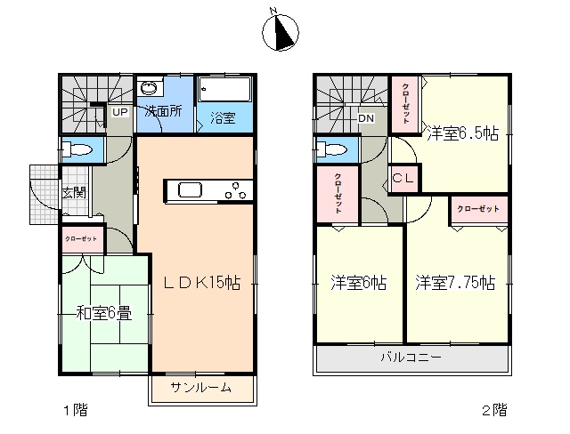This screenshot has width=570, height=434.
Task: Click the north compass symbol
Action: [281, 32]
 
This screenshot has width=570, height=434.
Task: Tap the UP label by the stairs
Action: [119, 112]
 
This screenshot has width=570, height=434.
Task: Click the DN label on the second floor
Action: [365, 118]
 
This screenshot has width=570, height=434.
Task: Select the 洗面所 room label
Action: [163, 111]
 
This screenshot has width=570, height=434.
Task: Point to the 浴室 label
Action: [223, 118]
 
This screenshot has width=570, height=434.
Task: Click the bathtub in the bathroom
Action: [225, 89]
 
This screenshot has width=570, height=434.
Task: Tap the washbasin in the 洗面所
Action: [150, 88]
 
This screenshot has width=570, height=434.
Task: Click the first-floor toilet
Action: [77, 149]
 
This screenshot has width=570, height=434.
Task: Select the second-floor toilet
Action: [332, 149]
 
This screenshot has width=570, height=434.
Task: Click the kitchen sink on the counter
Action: [190, 190]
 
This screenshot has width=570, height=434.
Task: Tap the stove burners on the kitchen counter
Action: [235, 190]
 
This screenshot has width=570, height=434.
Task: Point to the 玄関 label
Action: [74, 193]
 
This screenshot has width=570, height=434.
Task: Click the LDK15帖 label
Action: [202, 282]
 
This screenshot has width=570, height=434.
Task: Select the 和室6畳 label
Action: [104, 314]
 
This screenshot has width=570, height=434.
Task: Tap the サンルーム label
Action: [201, 388]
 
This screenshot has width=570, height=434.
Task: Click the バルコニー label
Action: [411, 358]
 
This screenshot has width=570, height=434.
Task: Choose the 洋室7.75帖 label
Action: [455, 283]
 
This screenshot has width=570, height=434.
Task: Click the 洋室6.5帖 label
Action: [463, 133]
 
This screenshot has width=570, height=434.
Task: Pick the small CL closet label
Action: [403, 178]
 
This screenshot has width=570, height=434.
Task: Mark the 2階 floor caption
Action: [495, 410]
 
